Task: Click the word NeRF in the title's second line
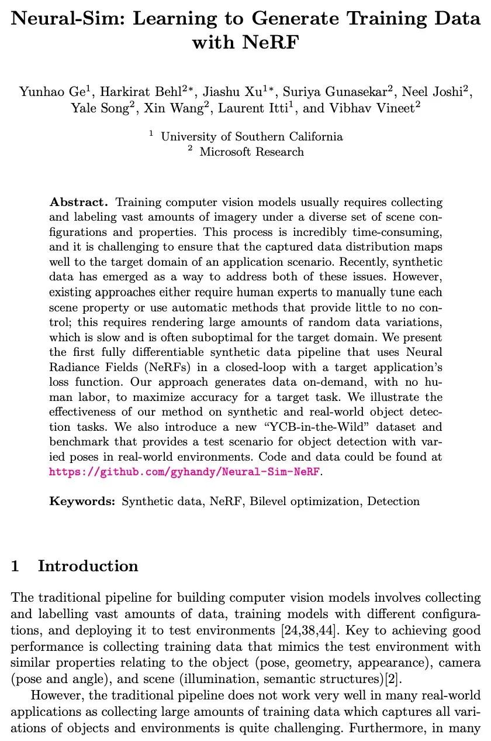click(x=273, y=42)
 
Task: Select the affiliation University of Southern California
click(x=251, y=136)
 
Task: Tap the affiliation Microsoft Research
click(x=251, y=152)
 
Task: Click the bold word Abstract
click(x=79, y=203)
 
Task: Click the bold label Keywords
click(x=82, y=501)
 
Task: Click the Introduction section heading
click(x=88, y=566)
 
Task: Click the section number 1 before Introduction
click(x=16, y=566)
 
